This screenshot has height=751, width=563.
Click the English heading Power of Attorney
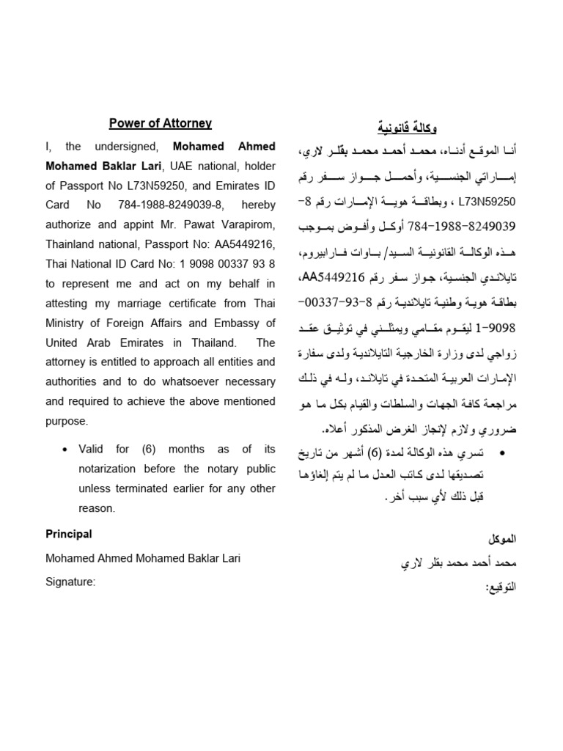pos(161,123)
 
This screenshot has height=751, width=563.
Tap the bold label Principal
pos(69,534)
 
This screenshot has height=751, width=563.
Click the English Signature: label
pos(70,582)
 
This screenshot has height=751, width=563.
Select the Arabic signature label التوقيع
pos(501,587)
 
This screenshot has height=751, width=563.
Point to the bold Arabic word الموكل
pos(502,538)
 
